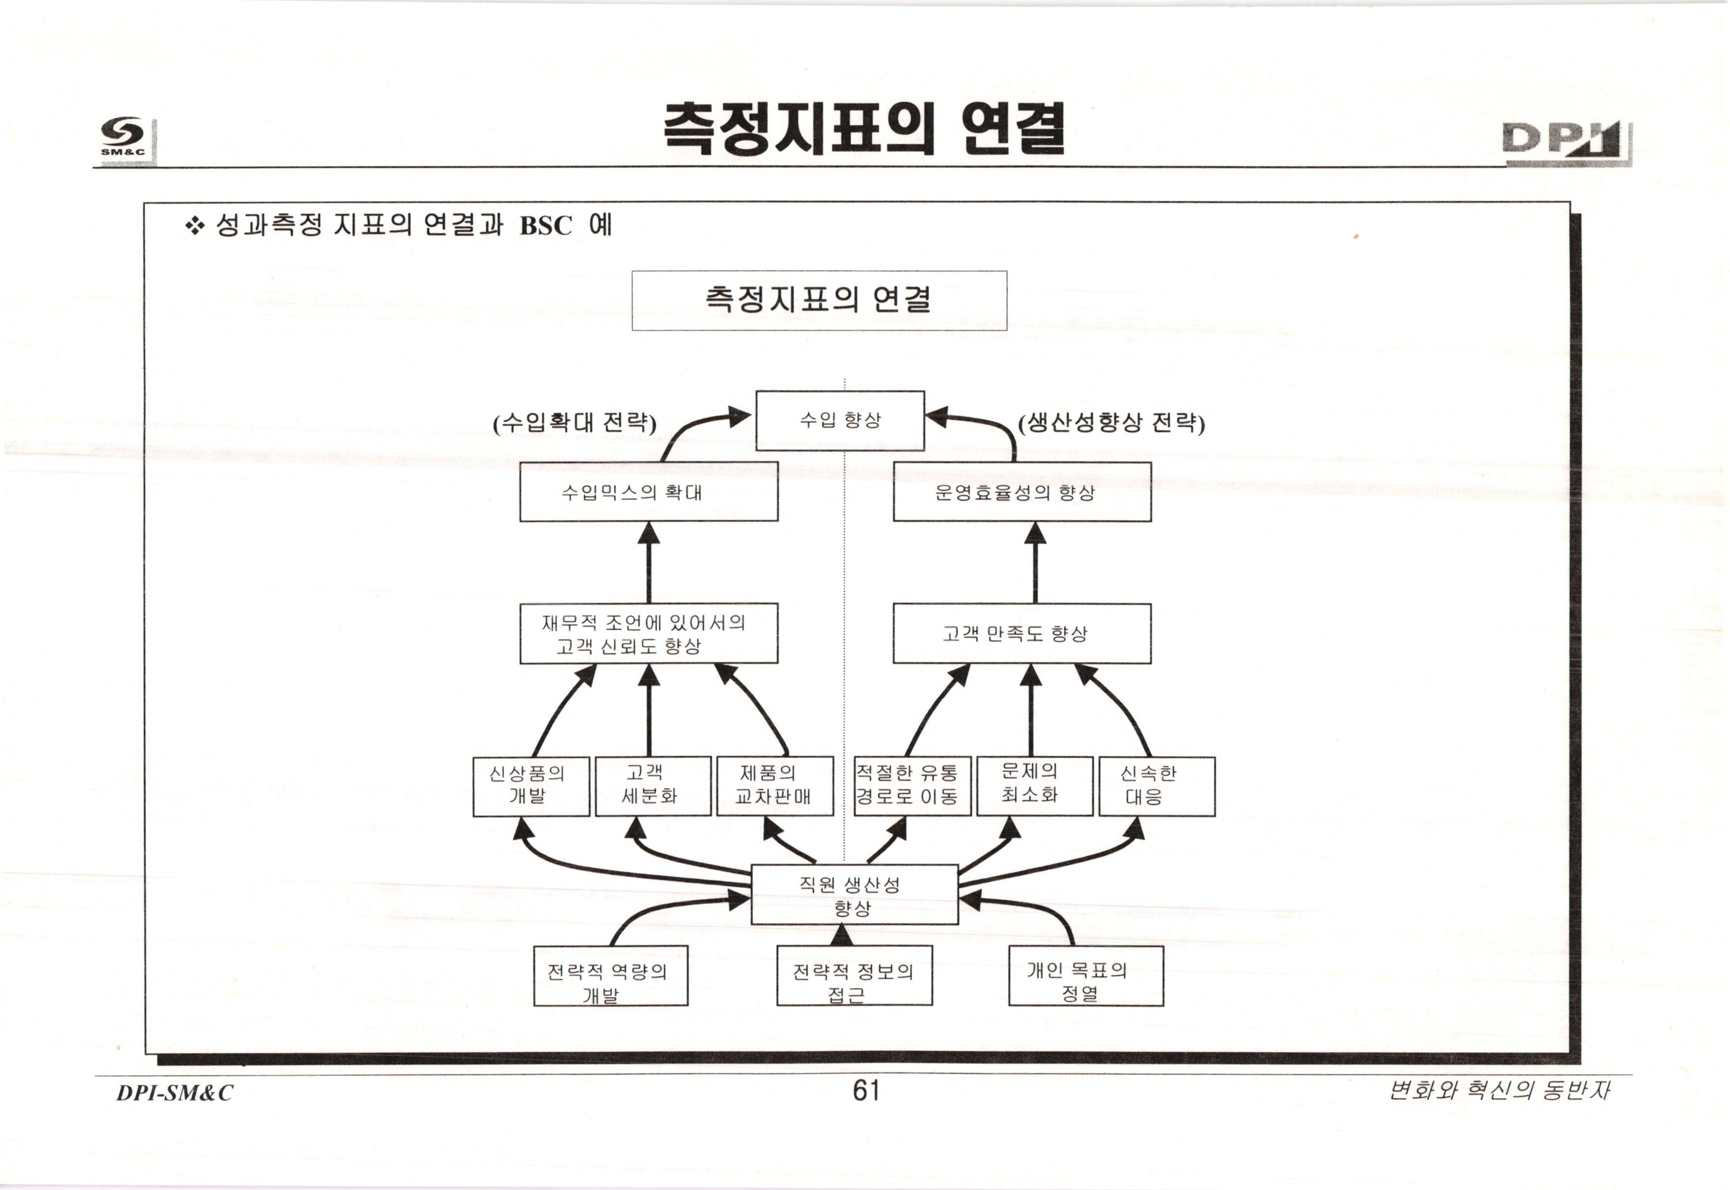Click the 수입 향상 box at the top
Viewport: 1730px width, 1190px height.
(840, 420)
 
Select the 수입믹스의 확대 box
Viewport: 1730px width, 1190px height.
(649, 492)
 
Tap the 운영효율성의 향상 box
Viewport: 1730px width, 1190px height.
(1021, 492)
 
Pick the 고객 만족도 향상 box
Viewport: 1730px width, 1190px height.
(1021, 634)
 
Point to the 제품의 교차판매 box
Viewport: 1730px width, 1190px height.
(774, 787)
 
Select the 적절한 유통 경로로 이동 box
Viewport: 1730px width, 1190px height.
(912, 787)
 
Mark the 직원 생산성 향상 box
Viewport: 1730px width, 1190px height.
(854, 895)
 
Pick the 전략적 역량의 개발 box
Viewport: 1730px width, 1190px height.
(610, 976)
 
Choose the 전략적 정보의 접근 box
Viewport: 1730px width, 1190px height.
(854, 976)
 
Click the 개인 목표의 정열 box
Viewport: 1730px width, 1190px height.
(1085, 976)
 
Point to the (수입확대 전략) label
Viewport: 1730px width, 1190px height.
(574, 423)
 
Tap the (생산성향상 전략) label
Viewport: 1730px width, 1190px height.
(1111, 423)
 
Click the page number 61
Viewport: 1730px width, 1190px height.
(865, 1091)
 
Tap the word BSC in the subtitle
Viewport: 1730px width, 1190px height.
(545, 225)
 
